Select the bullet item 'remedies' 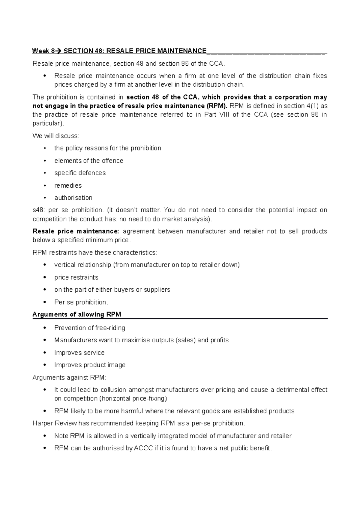click(x=68, y=186)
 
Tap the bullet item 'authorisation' click(x=73, y=198)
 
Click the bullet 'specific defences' click(x=80, y=173)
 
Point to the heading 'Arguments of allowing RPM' click(x=77, y=314)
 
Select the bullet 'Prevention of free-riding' click(x=89, y=328)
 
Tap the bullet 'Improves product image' click(x=90, y=365)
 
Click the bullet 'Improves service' click(x=79, y=353)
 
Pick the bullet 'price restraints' click(x=76, y=278)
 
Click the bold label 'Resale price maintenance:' click(x=76, y=231)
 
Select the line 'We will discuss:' click(x=55, y=136)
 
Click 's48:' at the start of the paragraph click(x=38, y=210)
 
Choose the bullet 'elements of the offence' click(x=88, y=161)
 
